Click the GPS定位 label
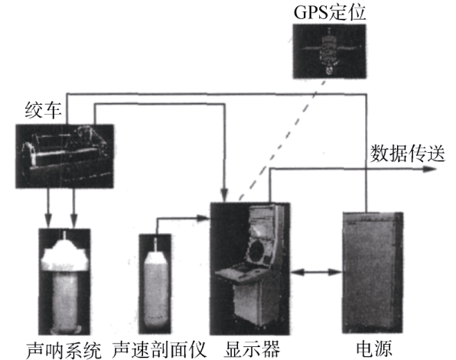coord(330,12)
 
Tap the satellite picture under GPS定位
coord(329,51)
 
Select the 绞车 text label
coord(43,110)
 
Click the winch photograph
coord(64,156)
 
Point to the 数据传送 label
coord(407,153)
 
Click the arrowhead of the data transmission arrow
coord(429,169)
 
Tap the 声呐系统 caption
coord(64,349)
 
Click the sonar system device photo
coord(64,281)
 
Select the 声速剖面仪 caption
coord(159,349)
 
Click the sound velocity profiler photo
coord(155,284)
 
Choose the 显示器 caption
coord(252,349)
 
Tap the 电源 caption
coord(374,349)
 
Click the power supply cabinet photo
coord(373,273)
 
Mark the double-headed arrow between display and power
coord(316,272)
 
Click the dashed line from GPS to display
coord(282,140)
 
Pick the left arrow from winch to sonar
coord(48,208)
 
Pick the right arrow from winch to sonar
coord(74,208)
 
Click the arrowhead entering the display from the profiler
coord(203,218)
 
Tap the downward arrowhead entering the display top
coord(224,195)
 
